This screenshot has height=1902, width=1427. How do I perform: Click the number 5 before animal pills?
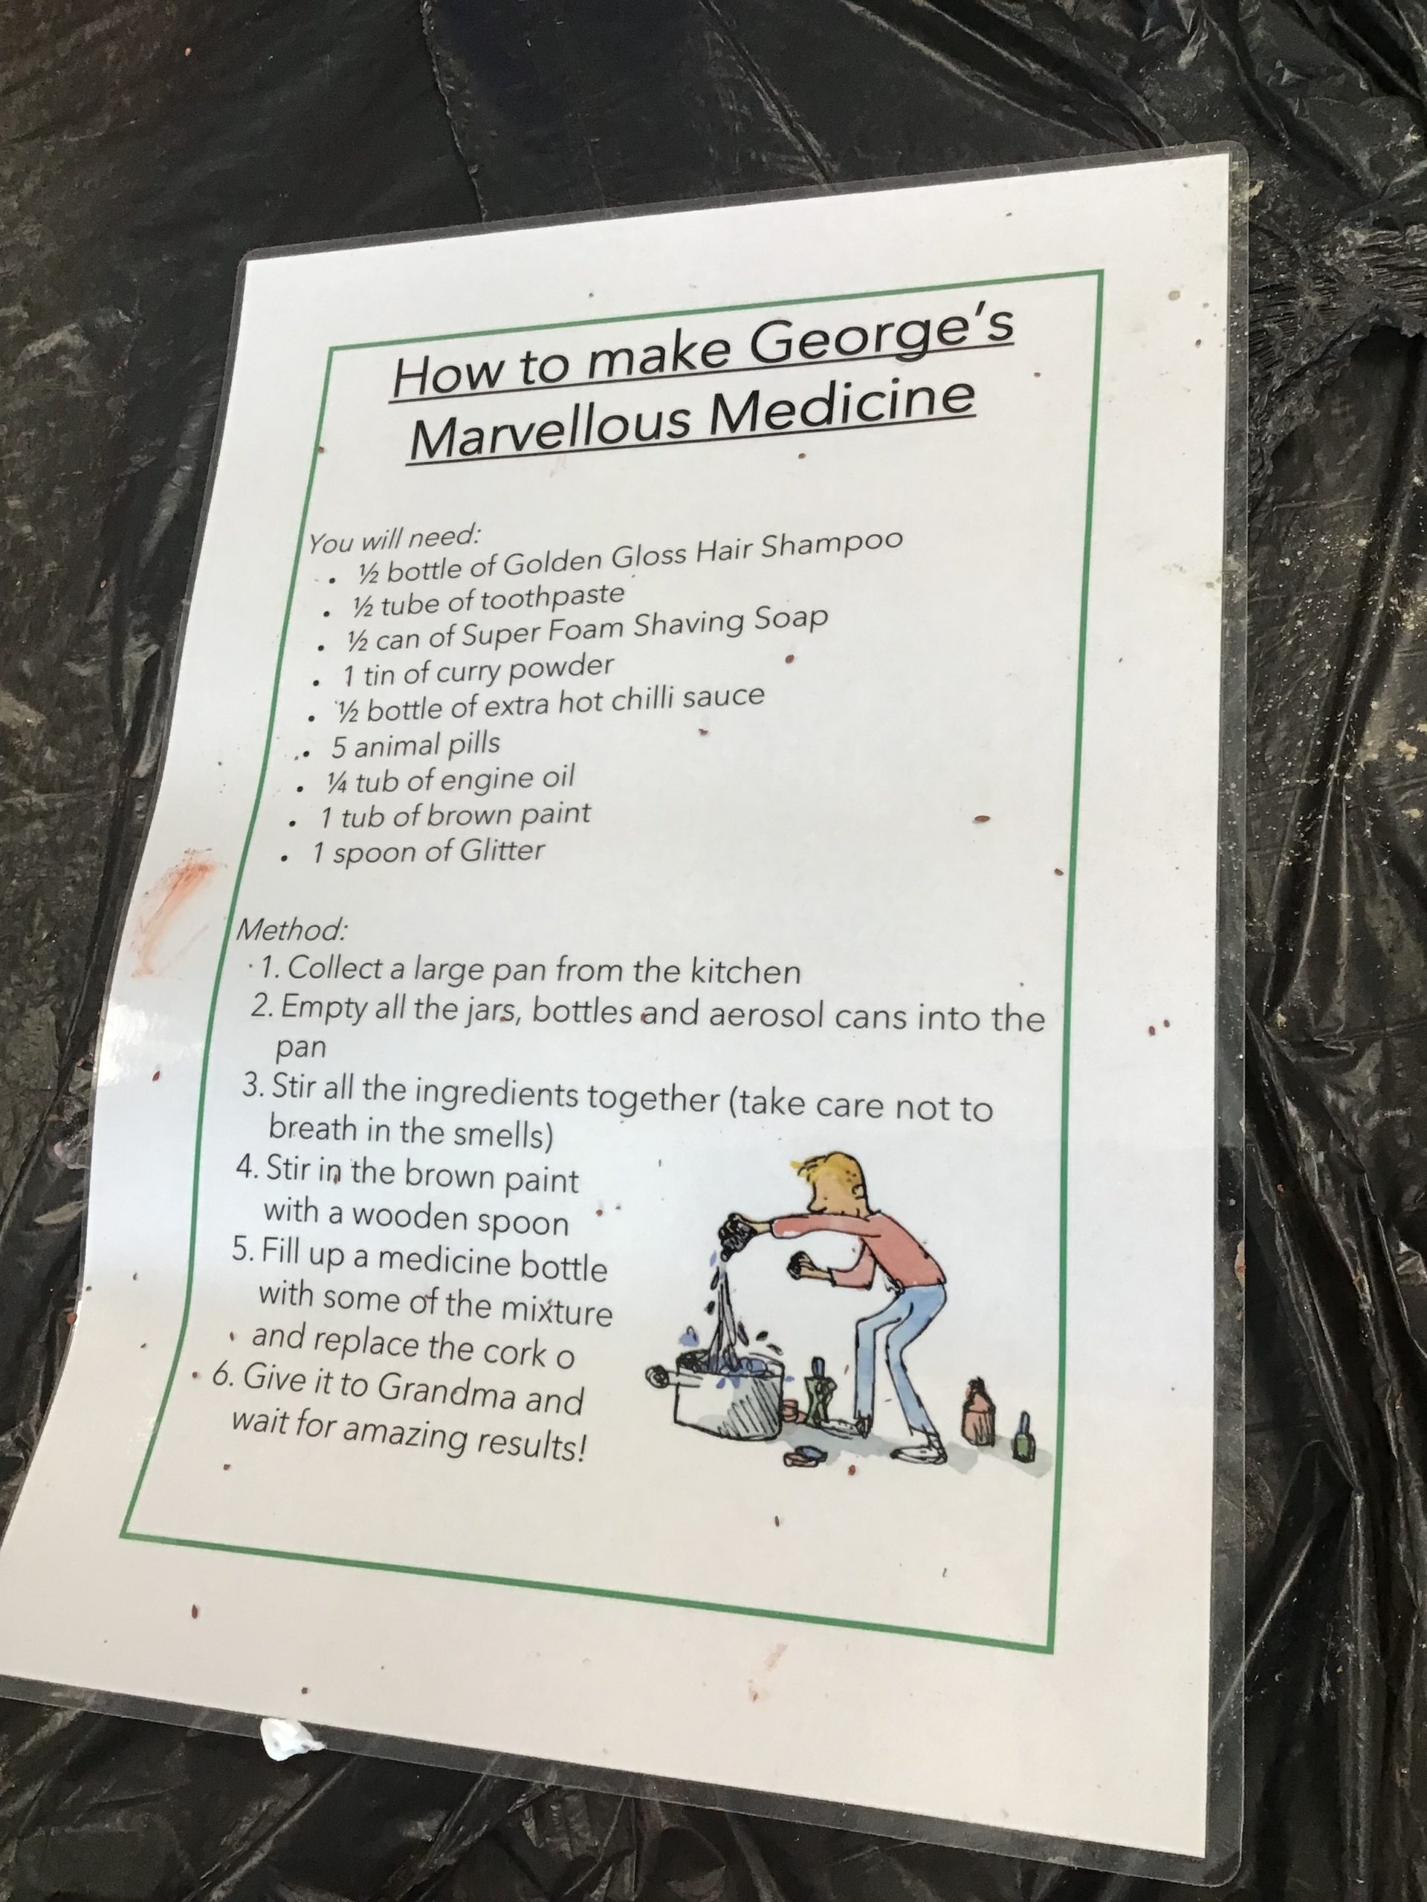(339, 747)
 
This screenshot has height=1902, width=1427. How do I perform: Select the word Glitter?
(502, 851)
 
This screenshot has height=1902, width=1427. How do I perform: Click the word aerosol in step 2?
(763, 1016)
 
